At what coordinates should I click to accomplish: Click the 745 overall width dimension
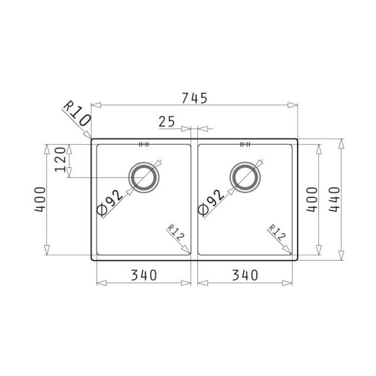194,98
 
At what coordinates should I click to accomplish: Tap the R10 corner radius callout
77,113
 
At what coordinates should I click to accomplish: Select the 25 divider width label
167,122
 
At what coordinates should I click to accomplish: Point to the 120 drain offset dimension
60,159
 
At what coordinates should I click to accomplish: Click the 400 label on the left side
40,200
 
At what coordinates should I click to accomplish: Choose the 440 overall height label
334,200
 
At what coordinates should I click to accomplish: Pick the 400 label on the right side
312,200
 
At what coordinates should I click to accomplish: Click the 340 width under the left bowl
144,275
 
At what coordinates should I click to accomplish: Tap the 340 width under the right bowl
245,275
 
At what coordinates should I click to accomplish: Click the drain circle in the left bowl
144,163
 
